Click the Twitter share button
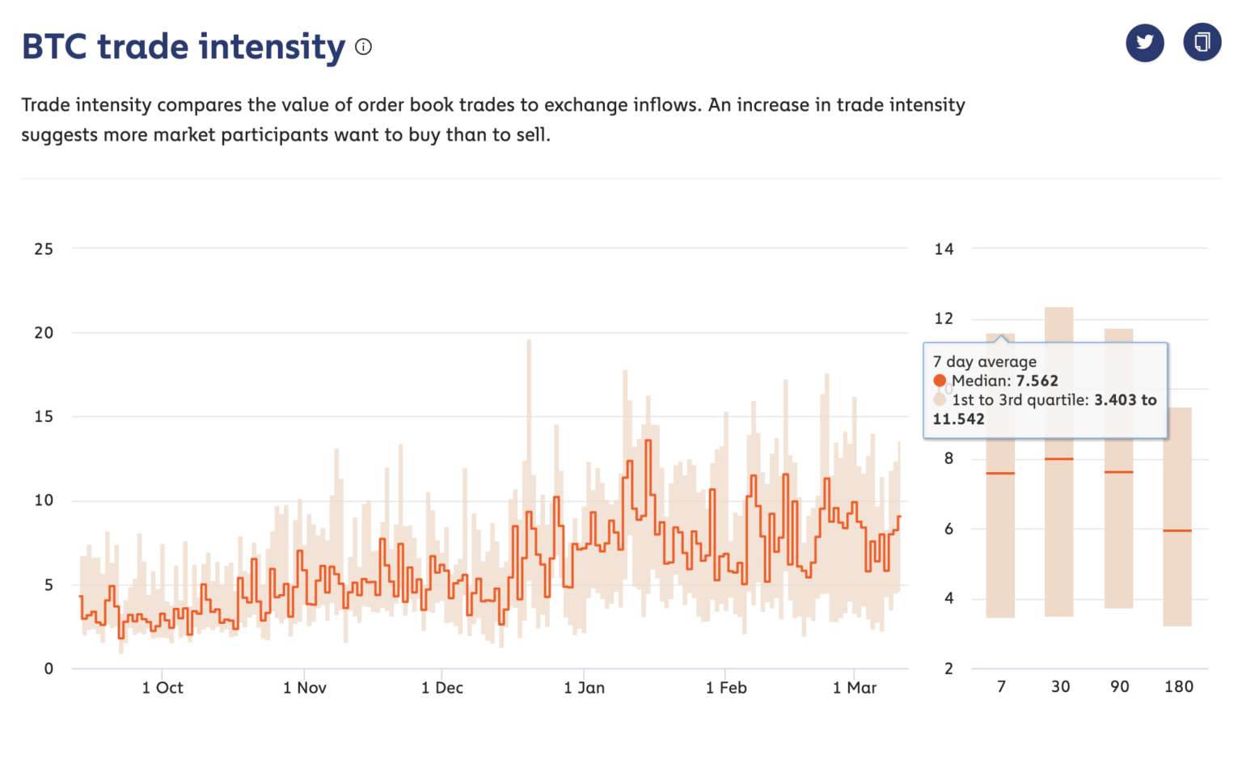1144,43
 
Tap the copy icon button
1202,42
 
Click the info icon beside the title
364,47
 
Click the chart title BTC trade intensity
184,47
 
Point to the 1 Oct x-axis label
163,688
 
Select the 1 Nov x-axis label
305,688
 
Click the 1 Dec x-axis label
442,688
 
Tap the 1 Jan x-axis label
584,688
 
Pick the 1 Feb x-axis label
726,688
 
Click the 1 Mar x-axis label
855,688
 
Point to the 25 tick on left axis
44,249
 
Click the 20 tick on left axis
44,333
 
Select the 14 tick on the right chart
944,249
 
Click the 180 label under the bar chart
1178,687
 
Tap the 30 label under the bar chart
1060,687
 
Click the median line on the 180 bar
1177,530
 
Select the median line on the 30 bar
1059,459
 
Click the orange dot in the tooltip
940,381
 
